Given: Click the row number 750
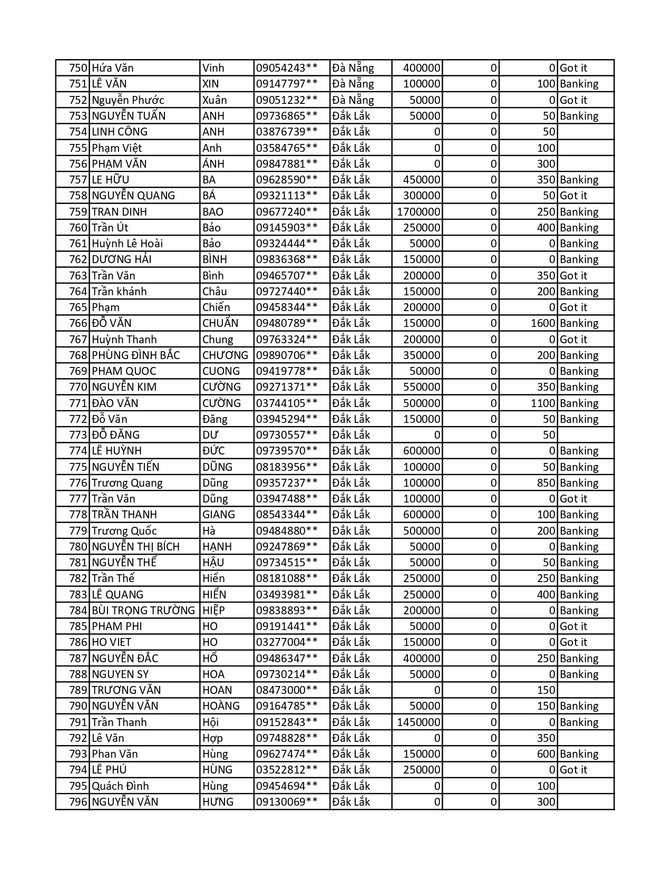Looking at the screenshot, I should point(78,68).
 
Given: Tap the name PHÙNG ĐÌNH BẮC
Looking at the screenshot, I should point(135,355).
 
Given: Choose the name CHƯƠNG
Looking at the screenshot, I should point(225,355).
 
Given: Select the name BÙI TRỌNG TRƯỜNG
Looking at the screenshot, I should point(143,611).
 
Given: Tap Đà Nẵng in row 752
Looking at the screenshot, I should point(353,100).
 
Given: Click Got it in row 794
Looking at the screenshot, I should point(573,770).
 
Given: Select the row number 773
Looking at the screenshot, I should point(78,435).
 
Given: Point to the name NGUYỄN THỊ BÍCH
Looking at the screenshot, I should point(135,547).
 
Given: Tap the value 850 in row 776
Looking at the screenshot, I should point(546,483).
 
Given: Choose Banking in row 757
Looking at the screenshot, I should point(579,180).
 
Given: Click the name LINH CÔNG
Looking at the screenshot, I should point(120,132).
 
